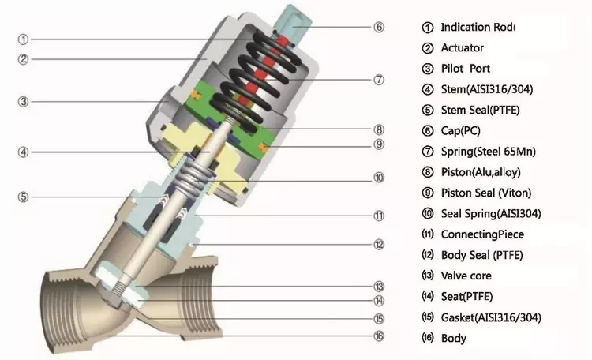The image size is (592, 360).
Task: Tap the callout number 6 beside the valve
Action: click(379, 26)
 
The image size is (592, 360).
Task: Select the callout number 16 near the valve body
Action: click(379, 336)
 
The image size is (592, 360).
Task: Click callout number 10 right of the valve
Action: click(379, 178)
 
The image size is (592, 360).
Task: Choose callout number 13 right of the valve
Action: click(379, 286)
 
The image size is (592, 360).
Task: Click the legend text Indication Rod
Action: click(477, 28)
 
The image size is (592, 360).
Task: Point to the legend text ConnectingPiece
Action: click(482, 234)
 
